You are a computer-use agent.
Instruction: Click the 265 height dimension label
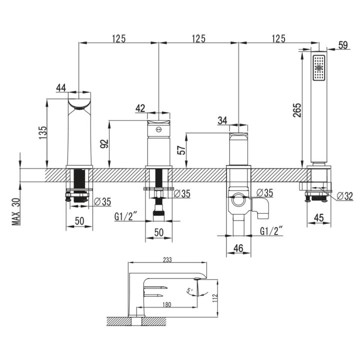(x=297, y=110)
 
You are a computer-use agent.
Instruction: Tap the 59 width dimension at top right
(x=343, y=45)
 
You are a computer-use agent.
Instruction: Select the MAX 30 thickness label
(x=16, y=211)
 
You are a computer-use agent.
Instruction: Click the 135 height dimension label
(x=42, y=132)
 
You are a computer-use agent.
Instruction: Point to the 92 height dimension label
(x=104, y=143)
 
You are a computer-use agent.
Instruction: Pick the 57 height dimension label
(x=181, y=150)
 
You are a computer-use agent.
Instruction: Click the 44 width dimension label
(x=61, y=87)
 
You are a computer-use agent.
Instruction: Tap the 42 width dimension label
(x=140, y=108)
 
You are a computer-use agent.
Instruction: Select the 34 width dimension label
(x=222, y=120)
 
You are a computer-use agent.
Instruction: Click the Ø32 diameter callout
(x=345, y=196)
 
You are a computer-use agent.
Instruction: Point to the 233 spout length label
(x=167, y=259)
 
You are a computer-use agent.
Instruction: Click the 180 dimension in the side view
(x=167, y=304)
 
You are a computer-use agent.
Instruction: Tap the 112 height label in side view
(x=215, y=298)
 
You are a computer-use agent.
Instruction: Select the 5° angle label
(x=189, y=290)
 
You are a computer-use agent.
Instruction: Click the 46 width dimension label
(x=238, y=248)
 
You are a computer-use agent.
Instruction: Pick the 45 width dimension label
(x=319, y=217)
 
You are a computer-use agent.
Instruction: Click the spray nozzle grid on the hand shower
(x=319, y=67)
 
